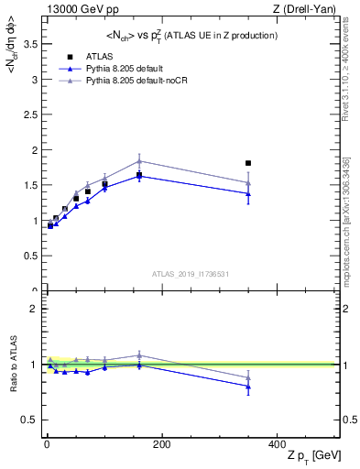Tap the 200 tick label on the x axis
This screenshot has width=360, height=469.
(x=161, y=444)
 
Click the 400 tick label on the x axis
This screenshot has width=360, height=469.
(x=277, y=444)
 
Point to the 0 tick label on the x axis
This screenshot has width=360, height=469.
(x=46, y=444)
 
